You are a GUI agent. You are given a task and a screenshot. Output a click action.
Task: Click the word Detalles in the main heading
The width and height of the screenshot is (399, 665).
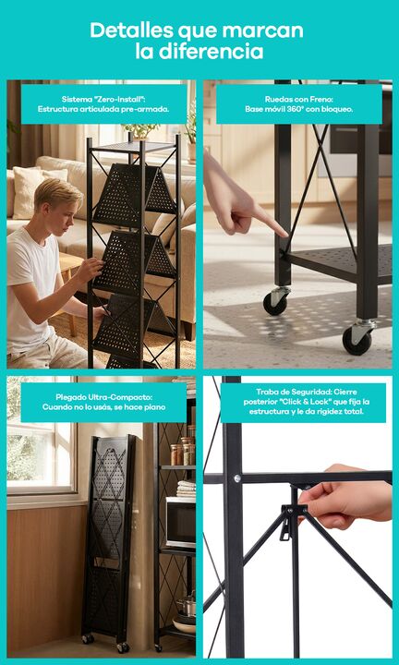(131, 30)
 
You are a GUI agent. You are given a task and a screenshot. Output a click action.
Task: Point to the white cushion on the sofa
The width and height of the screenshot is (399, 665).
(29, 192)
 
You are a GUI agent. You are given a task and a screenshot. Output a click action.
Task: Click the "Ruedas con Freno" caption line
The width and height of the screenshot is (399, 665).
(299, 99)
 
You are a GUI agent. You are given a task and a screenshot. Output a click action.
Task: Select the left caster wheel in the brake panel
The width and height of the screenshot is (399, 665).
(274, 303)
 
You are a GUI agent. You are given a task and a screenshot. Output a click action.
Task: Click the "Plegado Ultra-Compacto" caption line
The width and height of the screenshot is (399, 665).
(103, 397)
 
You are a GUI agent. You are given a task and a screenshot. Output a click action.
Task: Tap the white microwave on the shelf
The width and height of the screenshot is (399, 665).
(181, 523)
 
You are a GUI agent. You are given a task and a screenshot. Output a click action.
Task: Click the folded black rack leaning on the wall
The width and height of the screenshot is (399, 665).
(108, 538)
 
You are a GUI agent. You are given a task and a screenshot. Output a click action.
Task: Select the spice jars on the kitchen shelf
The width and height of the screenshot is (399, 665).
(183, 452)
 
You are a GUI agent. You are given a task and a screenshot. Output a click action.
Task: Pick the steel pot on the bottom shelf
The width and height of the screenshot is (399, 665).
(187, 606)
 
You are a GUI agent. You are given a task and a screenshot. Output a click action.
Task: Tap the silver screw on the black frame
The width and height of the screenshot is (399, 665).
(237, 478)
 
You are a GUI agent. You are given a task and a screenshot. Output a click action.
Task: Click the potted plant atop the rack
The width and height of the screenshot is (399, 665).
(140, 130)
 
